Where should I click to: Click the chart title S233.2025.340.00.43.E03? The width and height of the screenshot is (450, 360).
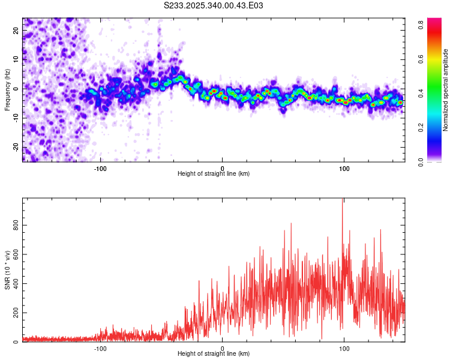pyautogui.click(x=214, y=5)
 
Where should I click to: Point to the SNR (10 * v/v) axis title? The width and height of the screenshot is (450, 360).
pyautogui.click(x=7, y=271)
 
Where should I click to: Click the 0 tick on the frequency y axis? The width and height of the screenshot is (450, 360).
pyautogui.click(x=16, y=89)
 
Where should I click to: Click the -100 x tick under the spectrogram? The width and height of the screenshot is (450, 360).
pyautogui.click(x=100, y=168)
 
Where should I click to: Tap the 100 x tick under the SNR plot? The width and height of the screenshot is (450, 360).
pyautogui.click(x=344, y=349)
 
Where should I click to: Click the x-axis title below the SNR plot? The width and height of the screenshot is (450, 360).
pyautogui.click(x=214, y=355)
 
